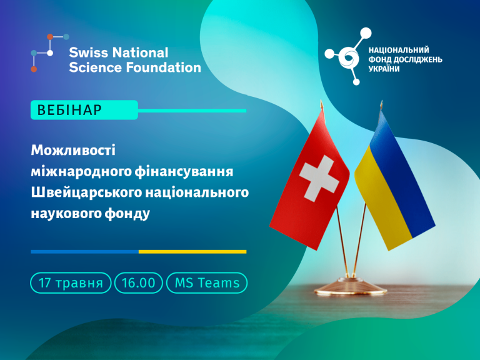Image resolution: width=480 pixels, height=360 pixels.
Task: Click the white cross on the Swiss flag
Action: tap(319, 178)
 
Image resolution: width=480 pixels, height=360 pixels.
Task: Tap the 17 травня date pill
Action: tap(71, 283)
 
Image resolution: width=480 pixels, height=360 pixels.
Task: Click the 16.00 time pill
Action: tap(138, 283)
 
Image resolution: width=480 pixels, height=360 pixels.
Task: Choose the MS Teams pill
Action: tap(207, 283)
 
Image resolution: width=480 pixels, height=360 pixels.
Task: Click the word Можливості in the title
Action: tap(73, 150)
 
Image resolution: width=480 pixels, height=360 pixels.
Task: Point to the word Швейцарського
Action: tap(86, 193)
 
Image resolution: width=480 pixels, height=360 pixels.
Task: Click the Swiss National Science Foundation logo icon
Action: tap(50, 53)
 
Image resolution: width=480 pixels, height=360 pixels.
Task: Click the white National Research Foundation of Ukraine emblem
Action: tap(348, 56)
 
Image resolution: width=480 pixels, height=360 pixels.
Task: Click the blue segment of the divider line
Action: tap(85, 252)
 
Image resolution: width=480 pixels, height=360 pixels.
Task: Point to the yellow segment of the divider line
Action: tap(192, 252)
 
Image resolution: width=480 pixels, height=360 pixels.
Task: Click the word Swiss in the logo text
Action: tap(88, 52)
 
